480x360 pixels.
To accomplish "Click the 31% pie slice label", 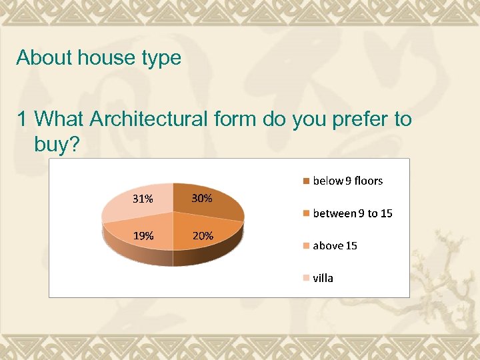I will coord(143,199).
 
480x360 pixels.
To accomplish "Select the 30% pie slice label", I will coord(202,198).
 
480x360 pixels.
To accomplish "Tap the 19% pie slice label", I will coord(143,235).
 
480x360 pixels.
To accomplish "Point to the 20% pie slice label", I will coord(203,235).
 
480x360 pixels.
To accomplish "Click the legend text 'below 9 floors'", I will coord(348,181).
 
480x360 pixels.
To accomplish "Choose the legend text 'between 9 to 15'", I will coord(353,213).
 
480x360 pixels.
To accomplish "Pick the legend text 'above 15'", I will coord(335,246).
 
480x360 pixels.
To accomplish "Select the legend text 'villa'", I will coord(323,278).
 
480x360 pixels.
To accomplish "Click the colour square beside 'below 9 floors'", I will coord(306,181).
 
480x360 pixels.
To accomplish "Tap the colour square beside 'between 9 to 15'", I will coord(306,213).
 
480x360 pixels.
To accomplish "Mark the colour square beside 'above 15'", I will coord(306,246).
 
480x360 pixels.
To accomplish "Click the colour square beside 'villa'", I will coord(306,278).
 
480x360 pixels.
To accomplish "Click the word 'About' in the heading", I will coord(44,58).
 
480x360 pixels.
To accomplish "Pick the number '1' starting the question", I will coord(23,119).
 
